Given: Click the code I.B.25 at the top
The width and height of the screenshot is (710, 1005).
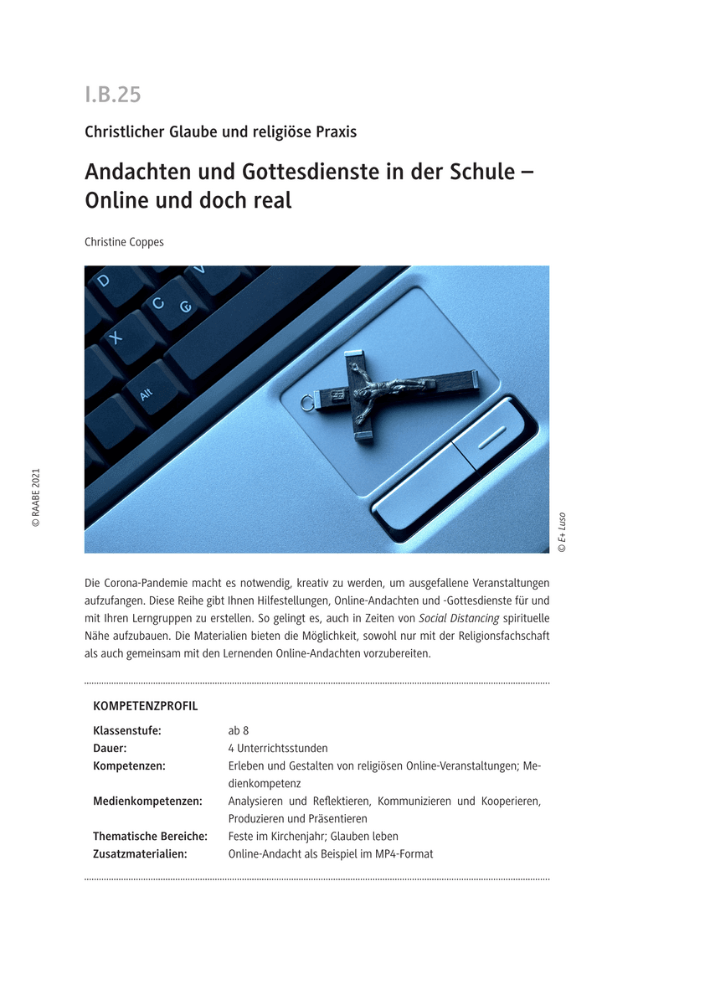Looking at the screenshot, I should click(112, 95).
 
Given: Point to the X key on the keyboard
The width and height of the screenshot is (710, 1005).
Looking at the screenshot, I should click(116, 337).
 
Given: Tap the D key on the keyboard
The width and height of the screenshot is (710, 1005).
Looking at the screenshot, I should click(103, 281).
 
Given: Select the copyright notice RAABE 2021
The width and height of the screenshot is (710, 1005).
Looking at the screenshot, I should click(36, 497).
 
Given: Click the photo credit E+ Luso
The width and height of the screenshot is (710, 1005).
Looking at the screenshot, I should click(562, 532).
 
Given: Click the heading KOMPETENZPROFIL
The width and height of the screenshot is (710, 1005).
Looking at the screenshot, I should click(146, 706).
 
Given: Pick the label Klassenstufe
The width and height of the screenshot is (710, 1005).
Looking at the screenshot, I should click(127, 730).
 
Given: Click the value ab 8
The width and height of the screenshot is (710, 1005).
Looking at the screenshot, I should click(239, 730).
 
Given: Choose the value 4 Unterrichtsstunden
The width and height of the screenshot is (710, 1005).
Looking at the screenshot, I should click(278, 748).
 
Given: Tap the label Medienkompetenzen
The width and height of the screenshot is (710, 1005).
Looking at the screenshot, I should click(147, 801).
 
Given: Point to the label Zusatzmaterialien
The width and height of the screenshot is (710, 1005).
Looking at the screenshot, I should click(140, 854).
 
